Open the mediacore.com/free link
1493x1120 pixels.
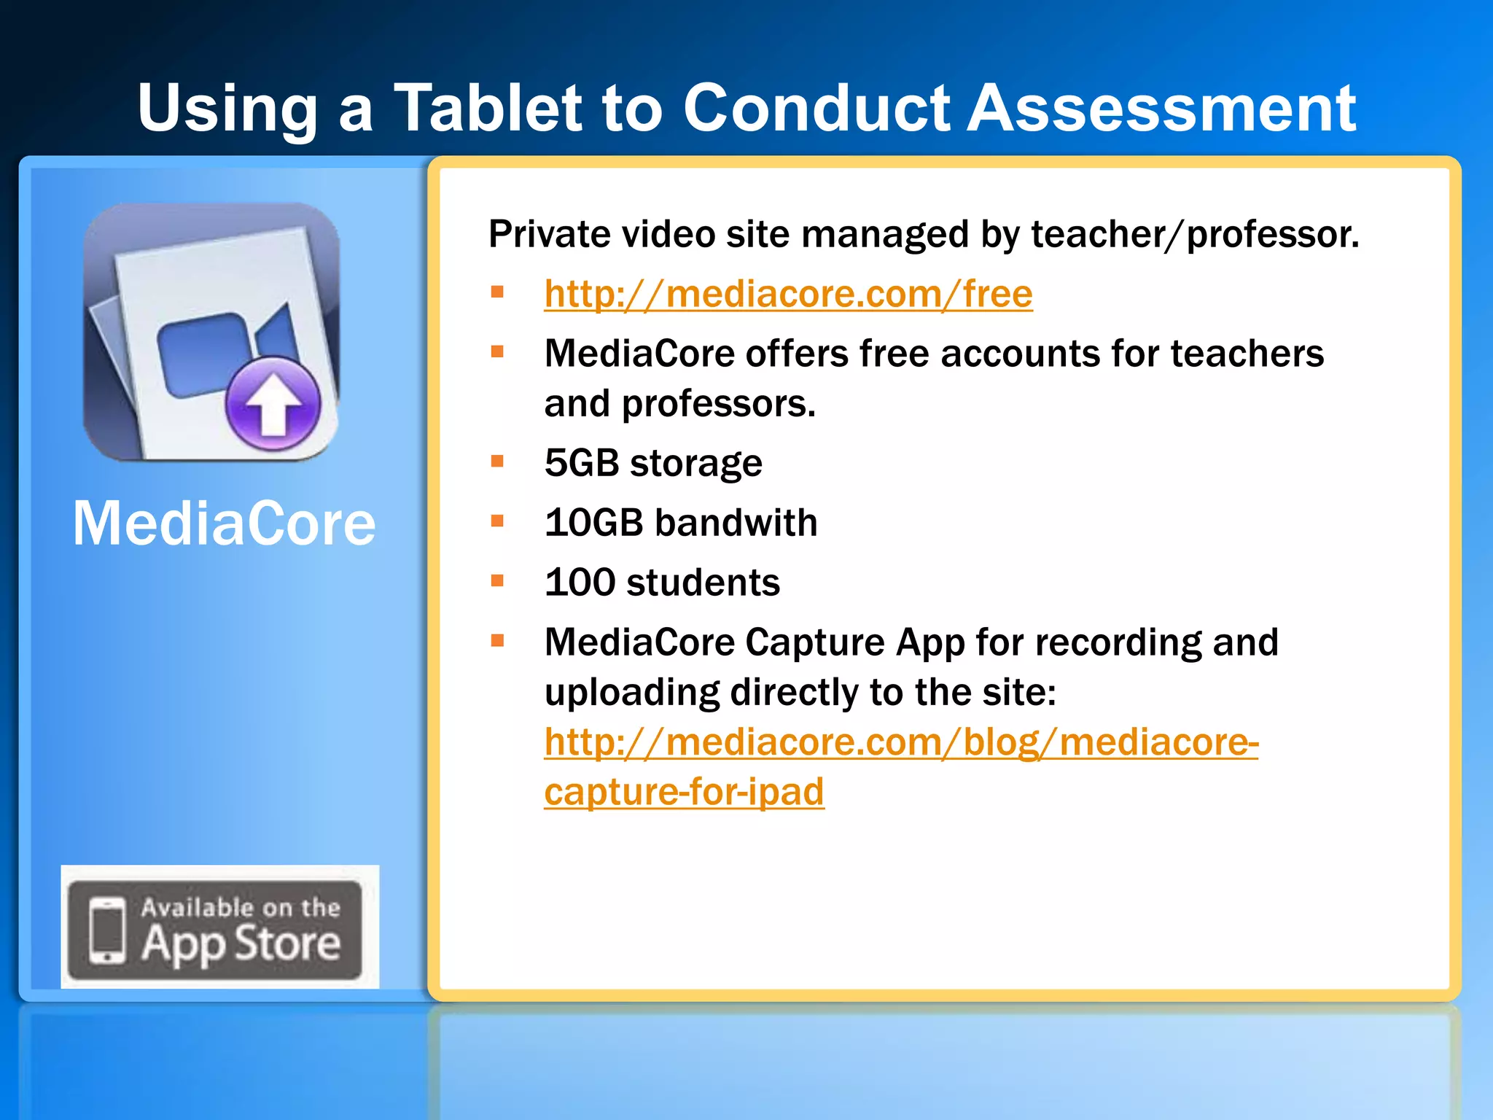click(x=788, y=295)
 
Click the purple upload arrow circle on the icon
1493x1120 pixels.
click(x=273, y=403)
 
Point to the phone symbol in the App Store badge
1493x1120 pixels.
click(x=107, y=929)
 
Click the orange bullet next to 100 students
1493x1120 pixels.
click(x=498, y=581)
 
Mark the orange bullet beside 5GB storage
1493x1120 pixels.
click(x=498, y=462)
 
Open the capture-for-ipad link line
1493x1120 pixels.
click(x=684, y=792)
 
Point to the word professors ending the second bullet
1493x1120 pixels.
click(x=718, y=404)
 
